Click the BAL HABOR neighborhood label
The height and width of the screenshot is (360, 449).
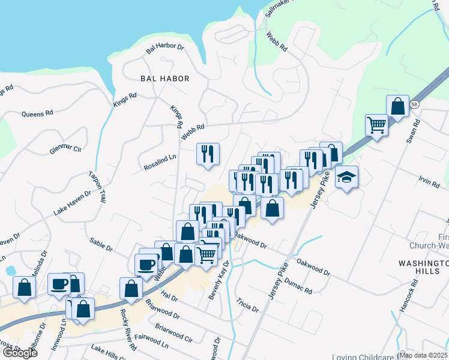(x=164, y=79)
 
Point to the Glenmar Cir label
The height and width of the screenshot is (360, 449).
(x=65, y=148)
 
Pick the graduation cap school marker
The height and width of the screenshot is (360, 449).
(x=346, y=178)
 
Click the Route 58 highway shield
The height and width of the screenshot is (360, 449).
(x=414, y=104)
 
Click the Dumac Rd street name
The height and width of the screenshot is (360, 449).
(x=298, y=286)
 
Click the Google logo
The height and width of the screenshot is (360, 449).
(x=19, y=353)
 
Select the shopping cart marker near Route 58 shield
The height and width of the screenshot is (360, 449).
(x=376, y=125)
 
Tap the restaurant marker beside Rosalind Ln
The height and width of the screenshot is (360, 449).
(x=208, y=154)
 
